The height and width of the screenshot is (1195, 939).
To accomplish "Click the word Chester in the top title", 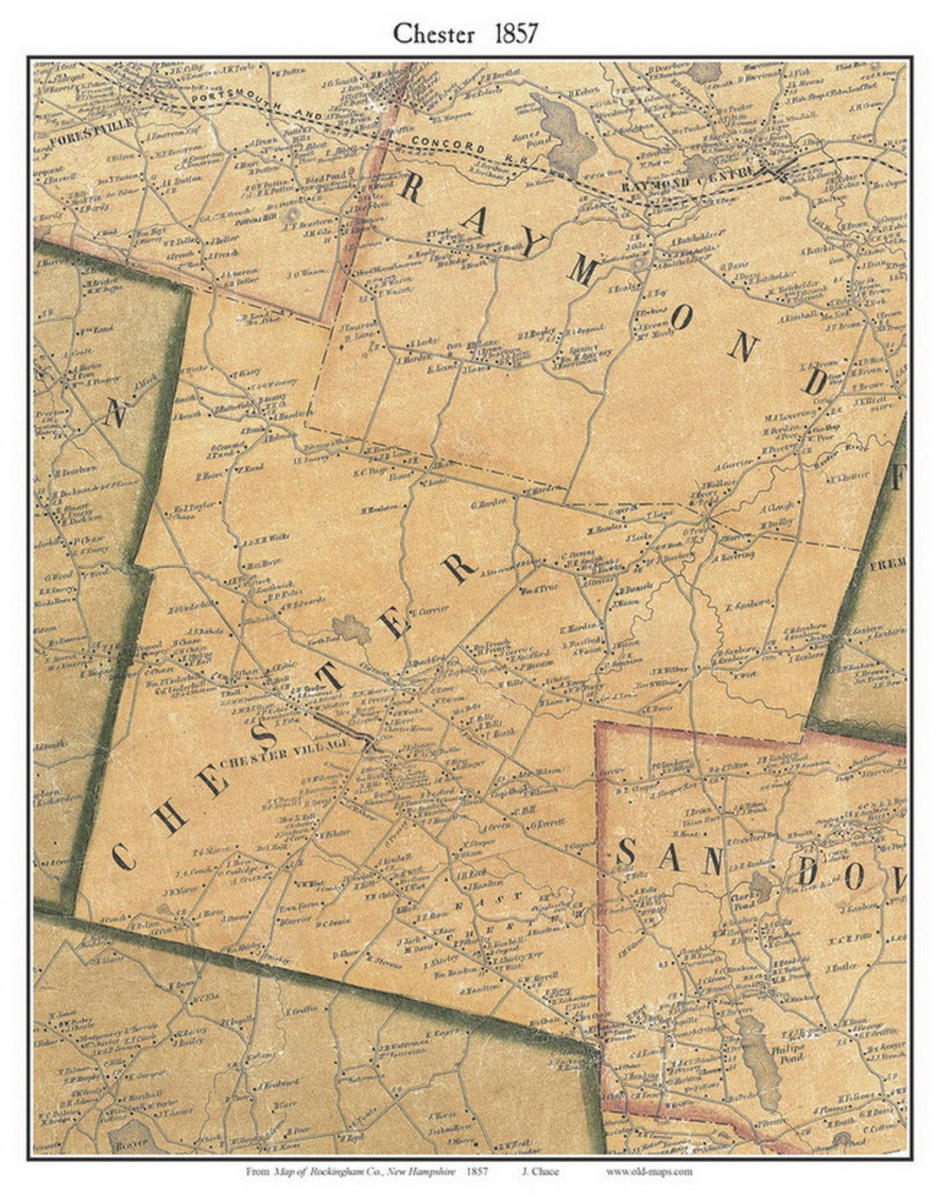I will [x=433, y=34].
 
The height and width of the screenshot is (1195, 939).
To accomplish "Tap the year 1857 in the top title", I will [x=516, y=34].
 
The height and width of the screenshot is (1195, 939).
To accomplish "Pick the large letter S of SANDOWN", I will [x=624, y=855].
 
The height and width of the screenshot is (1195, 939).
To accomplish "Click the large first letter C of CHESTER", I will [x=123, y=857].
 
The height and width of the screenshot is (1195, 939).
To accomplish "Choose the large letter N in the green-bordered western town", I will [x=117, y=414].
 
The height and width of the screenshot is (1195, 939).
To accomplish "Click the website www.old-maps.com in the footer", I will [x=649, y=1172].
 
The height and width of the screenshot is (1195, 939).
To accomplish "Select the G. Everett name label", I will [x=549, y=820].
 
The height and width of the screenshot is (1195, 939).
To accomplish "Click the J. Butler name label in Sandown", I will [x=842, y=966].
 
